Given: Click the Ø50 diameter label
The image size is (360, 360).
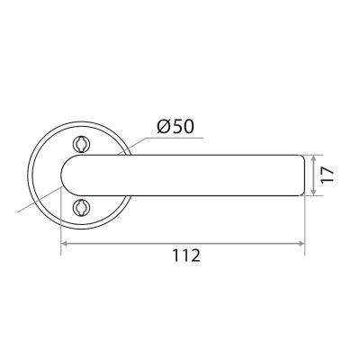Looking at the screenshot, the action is (x=175, y=127).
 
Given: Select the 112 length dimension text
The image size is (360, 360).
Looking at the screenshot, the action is (x=186, y=256).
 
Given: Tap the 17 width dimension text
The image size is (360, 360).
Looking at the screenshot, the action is (x=327, y=175).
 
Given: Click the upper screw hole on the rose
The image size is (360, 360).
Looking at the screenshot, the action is (x=81, y=144).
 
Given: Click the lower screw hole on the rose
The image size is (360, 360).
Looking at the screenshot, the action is (x=81, y=207).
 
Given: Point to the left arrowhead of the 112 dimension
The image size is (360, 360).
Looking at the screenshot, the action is (x=64, y=243).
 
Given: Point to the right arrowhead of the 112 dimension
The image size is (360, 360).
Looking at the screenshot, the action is (x=301, y=243).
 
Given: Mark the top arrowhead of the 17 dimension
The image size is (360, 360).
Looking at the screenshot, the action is (x=313, y=158).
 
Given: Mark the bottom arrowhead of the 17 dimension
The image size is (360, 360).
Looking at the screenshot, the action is (x=313, y=192).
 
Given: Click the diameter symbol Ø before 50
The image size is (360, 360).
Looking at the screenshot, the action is (x=164, y=127).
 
